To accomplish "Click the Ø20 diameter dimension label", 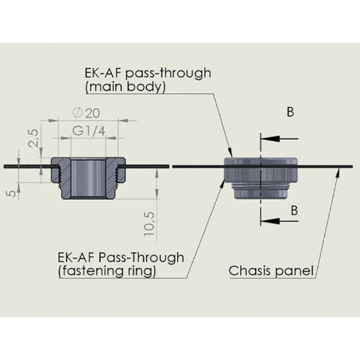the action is tap(86, 113).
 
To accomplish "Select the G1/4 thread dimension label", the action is tap(89, 131).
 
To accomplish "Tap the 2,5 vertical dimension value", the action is tap(33, 138).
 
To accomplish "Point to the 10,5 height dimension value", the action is tap(149, 224).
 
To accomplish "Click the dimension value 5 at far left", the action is tap(12, 193).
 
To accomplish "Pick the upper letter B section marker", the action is tap(291, 112).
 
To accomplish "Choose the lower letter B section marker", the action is tap(294, 210).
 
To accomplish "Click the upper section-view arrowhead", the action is tap(270, 139).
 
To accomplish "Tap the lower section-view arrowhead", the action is tap(270, 221).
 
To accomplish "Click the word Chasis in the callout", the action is tap(249, 271).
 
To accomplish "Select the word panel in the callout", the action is tap(294, 271).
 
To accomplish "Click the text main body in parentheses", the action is tap(125, 87).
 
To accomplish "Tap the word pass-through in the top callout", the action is tap(168, 73).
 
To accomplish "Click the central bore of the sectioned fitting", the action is tap(88, 178).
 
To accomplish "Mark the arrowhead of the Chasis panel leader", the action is tap(337, 173).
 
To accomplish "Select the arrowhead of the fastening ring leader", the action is tap(222, 183).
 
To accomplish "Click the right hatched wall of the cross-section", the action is tap(112, 177).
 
